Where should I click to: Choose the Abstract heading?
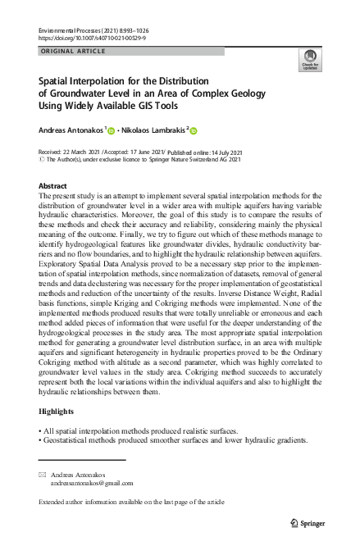(53, 186)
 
